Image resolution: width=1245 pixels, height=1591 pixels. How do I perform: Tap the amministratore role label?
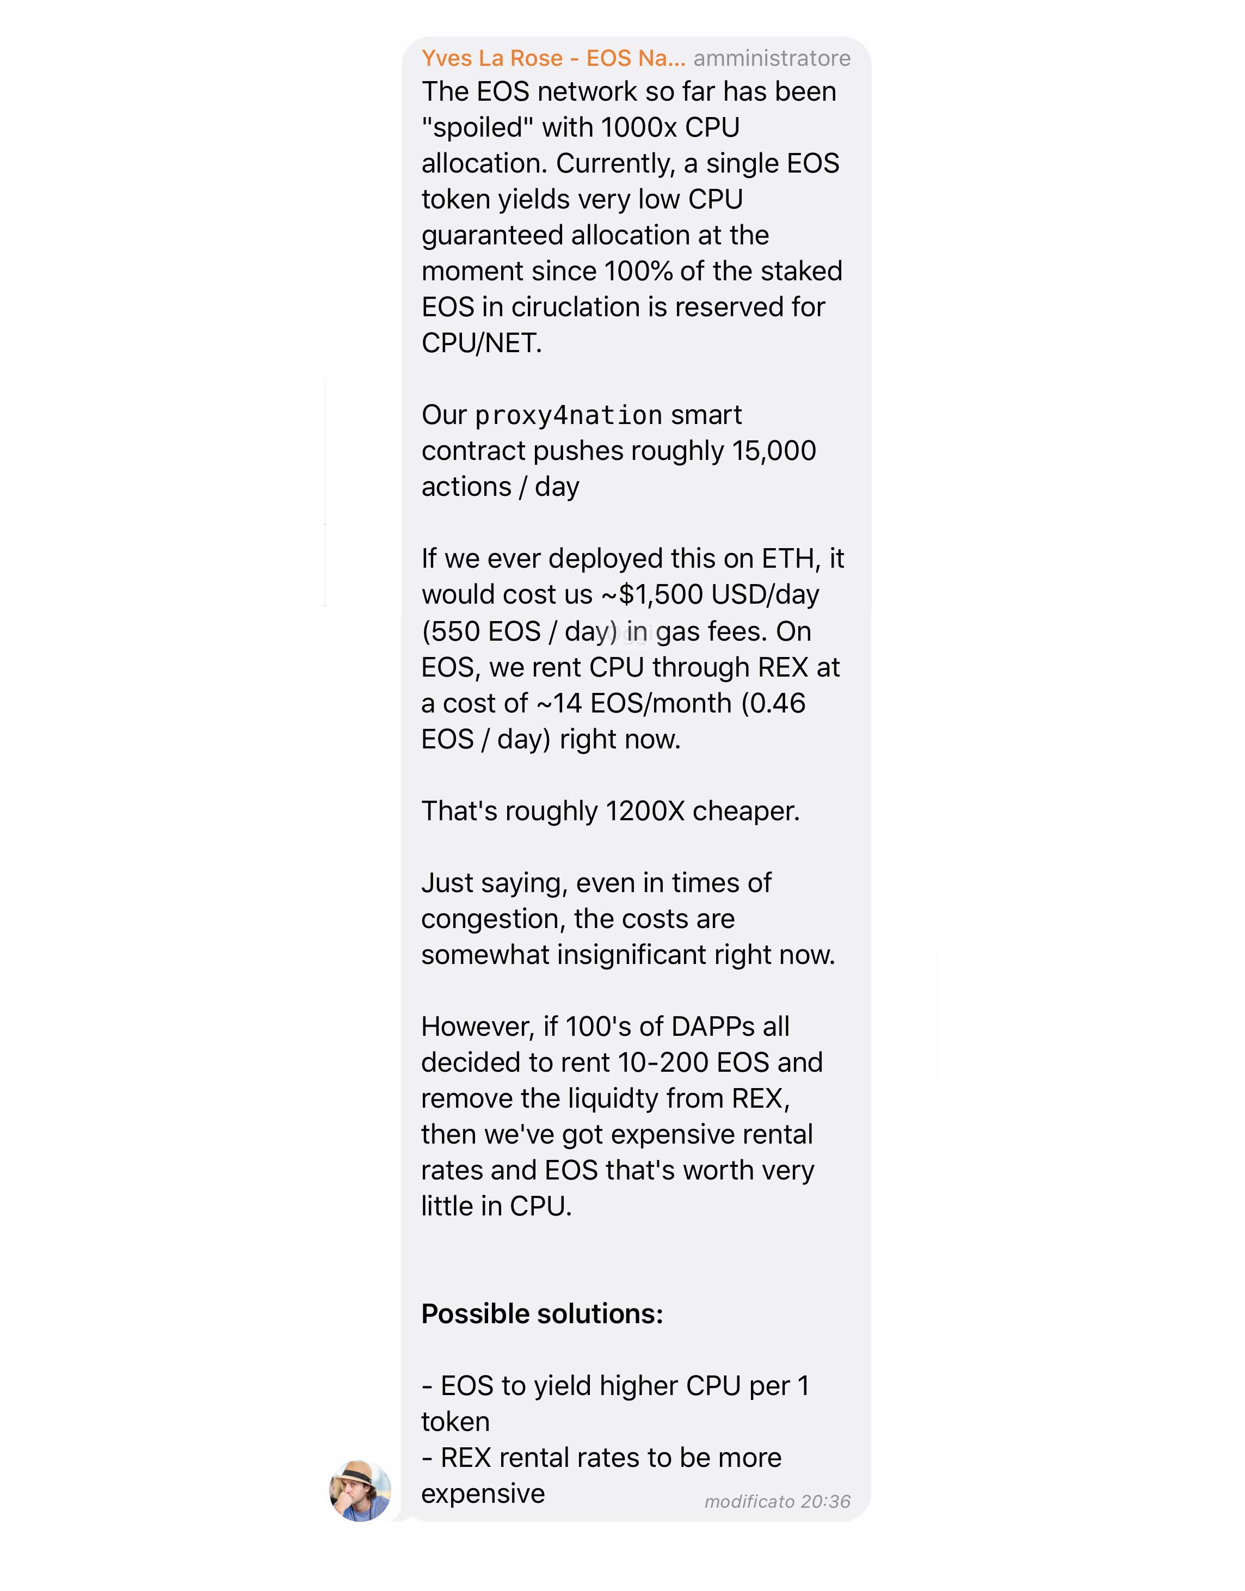[x=771, y=58]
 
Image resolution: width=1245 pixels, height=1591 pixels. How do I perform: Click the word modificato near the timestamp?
[x=749, y=1501]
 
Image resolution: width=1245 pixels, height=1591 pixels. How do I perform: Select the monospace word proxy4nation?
[x=569, y=416]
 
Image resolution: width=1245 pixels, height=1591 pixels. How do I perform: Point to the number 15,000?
[x=774, y=451]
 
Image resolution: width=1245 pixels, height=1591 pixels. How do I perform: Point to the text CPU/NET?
[x=482, y=343]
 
